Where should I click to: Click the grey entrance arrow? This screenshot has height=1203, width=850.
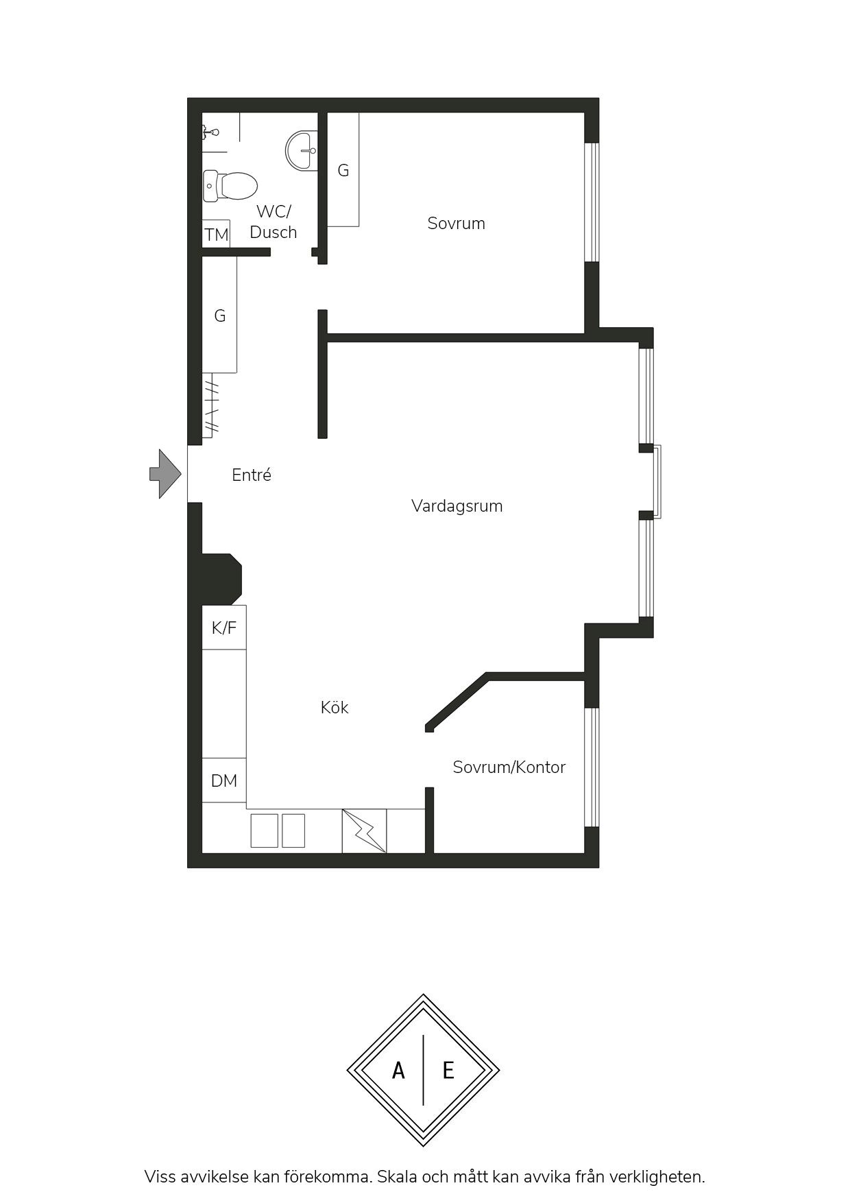click(x=165, y=474)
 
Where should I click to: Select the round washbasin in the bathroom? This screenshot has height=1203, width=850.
click(x=302, y=150)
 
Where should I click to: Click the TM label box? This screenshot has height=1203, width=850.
click(x=217, y=235)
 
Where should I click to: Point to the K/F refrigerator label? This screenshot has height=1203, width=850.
click(x=224, y=628)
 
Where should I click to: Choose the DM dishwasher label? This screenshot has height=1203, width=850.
click(x=224, y=781)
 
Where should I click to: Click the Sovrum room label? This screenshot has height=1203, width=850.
click(x=456, y=223)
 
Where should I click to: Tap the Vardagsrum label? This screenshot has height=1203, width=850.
click(x=457, y=506)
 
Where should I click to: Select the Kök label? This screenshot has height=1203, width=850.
click(x=335, y=707)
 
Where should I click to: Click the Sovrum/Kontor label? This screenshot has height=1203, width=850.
click(x=509, y=767)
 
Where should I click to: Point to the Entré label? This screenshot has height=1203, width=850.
click(x=252, y=475)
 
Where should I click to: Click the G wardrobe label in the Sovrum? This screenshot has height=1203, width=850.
click(x=343, y=170)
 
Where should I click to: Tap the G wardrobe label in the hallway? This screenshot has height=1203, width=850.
click(x=220, y=315)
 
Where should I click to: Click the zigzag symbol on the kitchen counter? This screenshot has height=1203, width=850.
click(x=364, y=831)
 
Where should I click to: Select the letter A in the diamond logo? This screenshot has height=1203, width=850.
click(x=398, y=1070)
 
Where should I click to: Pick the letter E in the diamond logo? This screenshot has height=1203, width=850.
click(x=448, y=1070)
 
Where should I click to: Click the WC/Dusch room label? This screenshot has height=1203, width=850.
click(x=274, y=222)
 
